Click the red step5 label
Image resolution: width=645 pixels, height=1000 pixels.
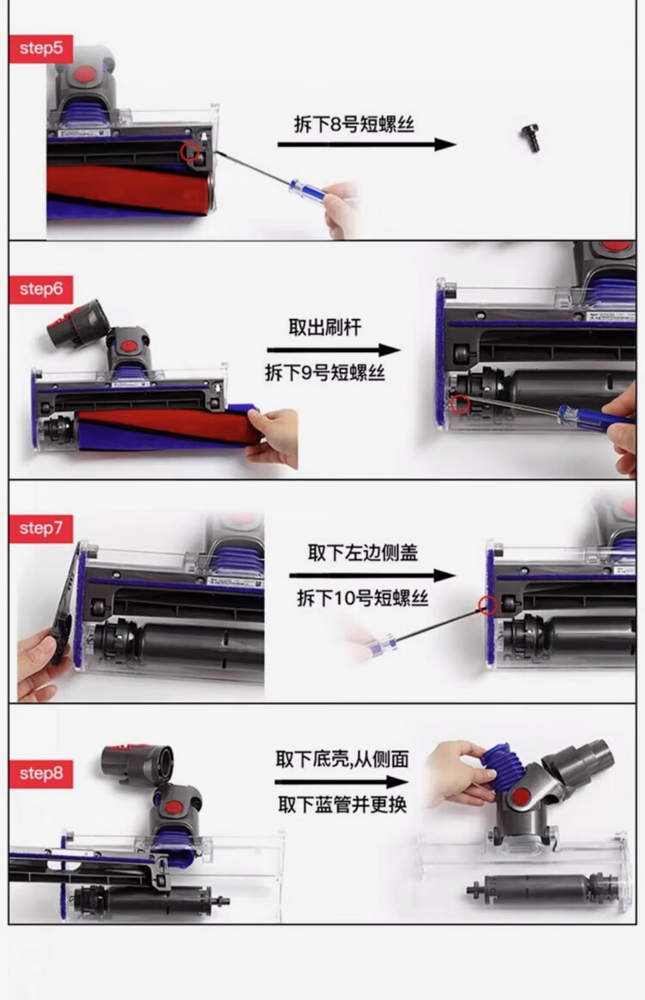pyautogui.click(x=40, y=48)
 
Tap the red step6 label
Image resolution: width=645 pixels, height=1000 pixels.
pyautogui.click(x=40, y=289)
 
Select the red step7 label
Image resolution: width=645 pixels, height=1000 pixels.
pyautogui.click(x=40, y=528)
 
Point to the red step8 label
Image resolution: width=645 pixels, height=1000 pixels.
pyautogui.click(x=40, y=775)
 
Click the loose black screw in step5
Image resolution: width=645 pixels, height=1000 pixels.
pyautogui.click(x=531, y=139)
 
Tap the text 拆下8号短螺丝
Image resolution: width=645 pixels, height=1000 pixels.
pyautogui.click(x=353, y=124)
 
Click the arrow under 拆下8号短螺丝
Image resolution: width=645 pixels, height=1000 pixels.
pyautogui.click(x=367, y=145)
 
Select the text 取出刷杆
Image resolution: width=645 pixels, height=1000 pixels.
pyautogui.click(x=325, y=328)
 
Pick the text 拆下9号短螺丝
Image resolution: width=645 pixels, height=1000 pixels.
pyautogui.click(x=325, y=373)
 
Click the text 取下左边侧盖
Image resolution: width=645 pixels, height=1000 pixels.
pyautogui.click(x=363, y=553)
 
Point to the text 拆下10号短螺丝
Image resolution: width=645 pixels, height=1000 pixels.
pyautogui.click(x=363, y=598)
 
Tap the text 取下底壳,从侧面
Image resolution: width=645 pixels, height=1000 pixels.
pyautogui.click(x=342, y=759)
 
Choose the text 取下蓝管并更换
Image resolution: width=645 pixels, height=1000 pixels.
pyautogui.click(x=342, y=804)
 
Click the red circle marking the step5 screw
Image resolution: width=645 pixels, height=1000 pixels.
pyautogui.click(x=190, y=151)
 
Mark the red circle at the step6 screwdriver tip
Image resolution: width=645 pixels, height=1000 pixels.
pyautogui.click(x=461, y=403)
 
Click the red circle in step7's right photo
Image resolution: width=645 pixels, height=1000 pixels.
pyautogui.click(x=488, y=605)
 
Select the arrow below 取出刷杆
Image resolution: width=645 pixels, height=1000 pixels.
pyautogui.click(x=334, y=350)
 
